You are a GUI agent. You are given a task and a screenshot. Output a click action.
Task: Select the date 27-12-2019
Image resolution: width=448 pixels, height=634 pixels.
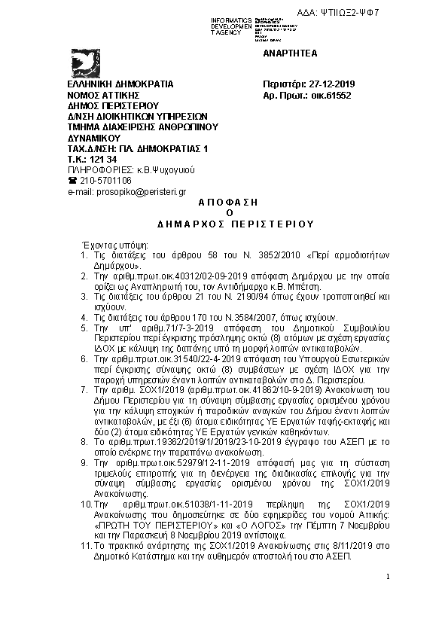click(x=325, y=84)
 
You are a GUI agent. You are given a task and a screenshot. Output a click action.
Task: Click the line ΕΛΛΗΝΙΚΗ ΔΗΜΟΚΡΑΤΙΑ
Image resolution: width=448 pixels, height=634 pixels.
click(x=120, y=84)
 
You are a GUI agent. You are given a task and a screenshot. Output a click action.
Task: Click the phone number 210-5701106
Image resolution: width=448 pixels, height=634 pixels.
click(x=105, y=181)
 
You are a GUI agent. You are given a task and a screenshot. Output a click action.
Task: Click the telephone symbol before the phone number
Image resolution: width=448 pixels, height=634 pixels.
click(x=73, y=181)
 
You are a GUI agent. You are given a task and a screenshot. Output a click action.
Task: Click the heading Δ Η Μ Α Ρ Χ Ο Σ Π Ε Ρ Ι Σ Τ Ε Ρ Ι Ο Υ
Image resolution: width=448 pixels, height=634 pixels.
click(x=225, y=224)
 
